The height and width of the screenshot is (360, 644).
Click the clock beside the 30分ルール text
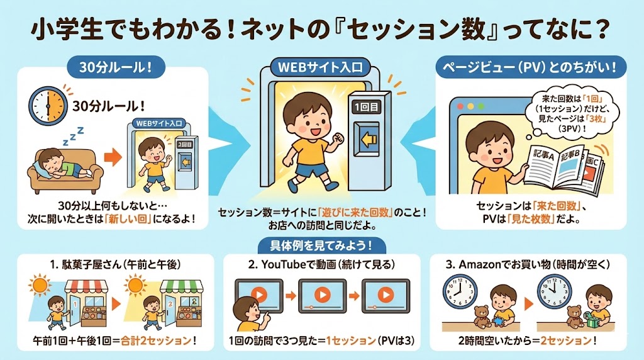point(48,106)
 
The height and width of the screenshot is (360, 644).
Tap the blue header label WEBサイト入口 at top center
point(320,67)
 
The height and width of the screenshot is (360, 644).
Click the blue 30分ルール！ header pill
point(116,67)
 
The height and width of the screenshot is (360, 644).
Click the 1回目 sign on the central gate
point(367,108)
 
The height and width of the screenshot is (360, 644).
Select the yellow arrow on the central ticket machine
point(368,140)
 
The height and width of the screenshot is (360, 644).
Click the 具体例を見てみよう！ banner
point(321,246)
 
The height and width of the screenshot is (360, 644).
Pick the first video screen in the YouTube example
point(258,296)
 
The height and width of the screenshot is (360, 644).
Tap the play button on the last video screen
point(386,295)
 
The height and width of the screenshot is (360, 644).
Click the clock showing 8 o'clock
point(460,290)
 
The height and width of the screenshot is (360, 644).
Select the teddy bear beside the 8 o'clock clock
point(481,317)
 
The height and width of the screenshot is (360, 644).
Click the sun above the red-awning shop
point(40,285)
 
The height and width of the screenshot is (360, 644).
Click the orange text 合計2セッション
point(156,340)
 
